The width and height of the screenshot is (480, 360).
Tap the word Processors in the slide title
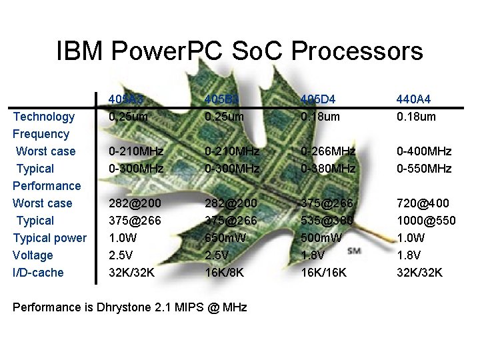pos(357,51)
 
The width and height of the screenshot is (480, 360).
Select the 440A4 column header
pos(413,99)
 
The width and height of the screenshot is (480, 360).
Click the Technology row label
pos(44,117)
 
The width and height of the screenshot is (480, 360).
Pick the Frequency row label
pos(41,134)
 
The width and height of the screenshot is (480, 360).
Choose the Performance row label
pos(47,186)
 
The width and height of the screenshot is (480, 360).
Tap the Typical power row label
pos(50,238)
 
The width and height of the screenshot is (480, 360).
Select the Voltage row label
pos(33,255)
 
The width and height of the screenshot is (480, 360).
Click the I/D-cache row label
pos(39,273)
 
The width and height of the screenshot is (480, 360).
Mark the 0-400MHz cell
pos(424,151)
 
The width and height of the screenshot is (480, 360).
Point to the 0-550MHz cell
pos(424,169)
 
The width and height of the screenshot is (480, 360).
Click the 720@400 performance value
pos(423,203)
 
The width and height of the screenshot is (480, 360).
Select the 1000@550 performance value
pos(427,221)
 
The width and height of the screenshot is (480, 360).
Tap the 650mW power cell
pos(225,238)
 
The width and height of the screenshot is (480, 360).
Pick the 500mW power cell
pos(321,238)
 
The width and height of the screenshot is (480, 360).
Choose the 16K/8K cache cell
pos(225,273)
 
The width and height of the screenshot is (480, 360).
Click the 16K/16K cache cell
pos(324,273)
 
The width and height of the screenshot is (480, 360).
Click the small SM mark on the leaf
pos(355,251)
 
